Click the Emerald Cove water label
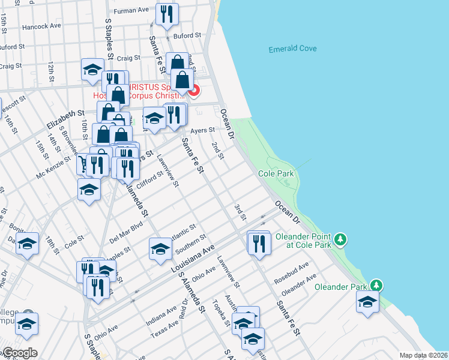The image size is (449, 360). point(292,49)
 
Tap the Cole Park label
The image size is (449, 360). point(275,173)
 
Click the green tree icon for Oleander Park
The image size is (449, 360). point(376,284)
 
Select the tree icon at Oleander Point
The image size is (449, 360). point(341,240)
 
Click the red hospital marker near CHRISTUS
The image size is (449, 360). point(194,91)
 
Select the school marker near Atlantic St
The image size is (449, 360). point(160,249)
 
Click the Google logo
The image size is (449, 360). point(19,353)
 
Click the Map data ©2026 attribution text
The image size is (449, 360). point(424,355)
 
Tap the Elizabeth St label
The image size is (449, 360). point(65,118)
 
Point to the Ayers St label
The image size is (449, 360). point(202,130)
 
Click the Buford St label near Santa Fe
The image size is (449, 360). point(182,36)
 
